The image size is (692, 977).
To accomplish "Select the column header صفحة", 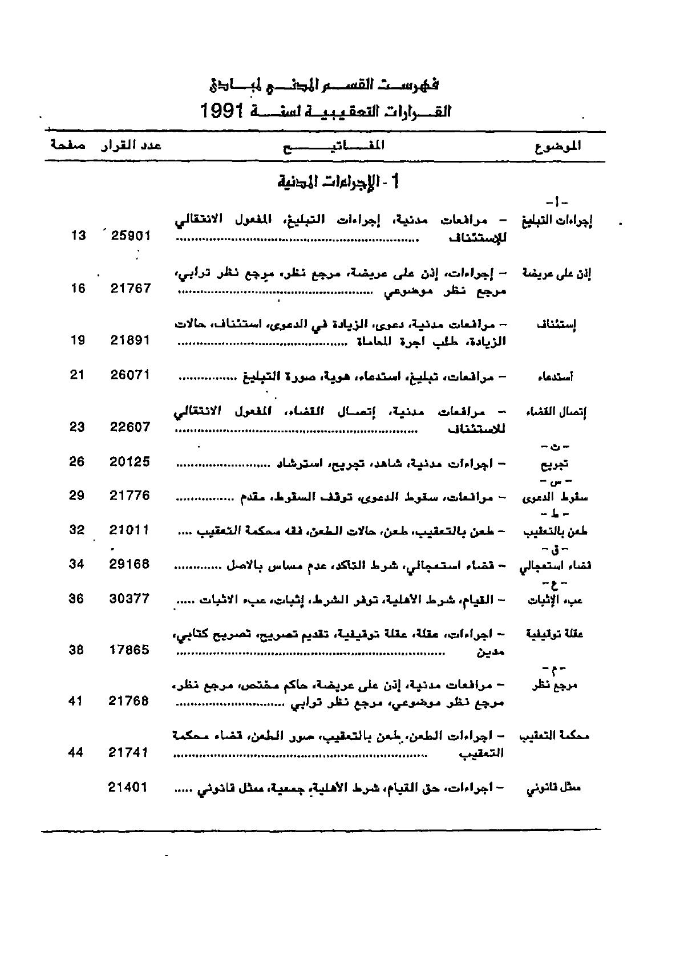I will [x=68, y=145].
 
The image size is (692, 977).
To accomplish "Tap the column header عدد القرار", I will [x=132, y=145].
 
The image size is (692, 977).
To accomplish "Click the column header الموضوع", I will [x=559, y=146].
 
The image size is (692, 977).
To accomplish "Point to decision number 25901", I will [x=131, y=235].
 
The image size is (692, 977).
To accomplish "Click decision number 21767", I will [x=131, y=289].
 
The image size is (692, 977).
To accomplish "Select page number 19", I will [x=78, y=340].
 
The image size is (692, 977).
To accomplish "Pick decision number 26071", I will [x=130, y=375].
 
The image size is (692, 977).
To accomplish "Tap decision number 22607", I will [x=130, y=427].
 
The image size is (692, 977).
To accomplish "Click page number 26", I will [x=77, y=461].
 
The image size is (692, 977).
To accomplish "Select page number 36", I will [x=76, y=598].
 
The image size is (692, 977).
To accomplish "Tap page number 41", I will [x=76, y=701].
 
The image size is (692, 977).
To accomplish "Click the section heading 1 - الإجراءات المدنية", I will [x=339, y=182].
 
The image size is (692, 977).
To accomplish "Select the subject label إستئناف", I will [x=557, y=325].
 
